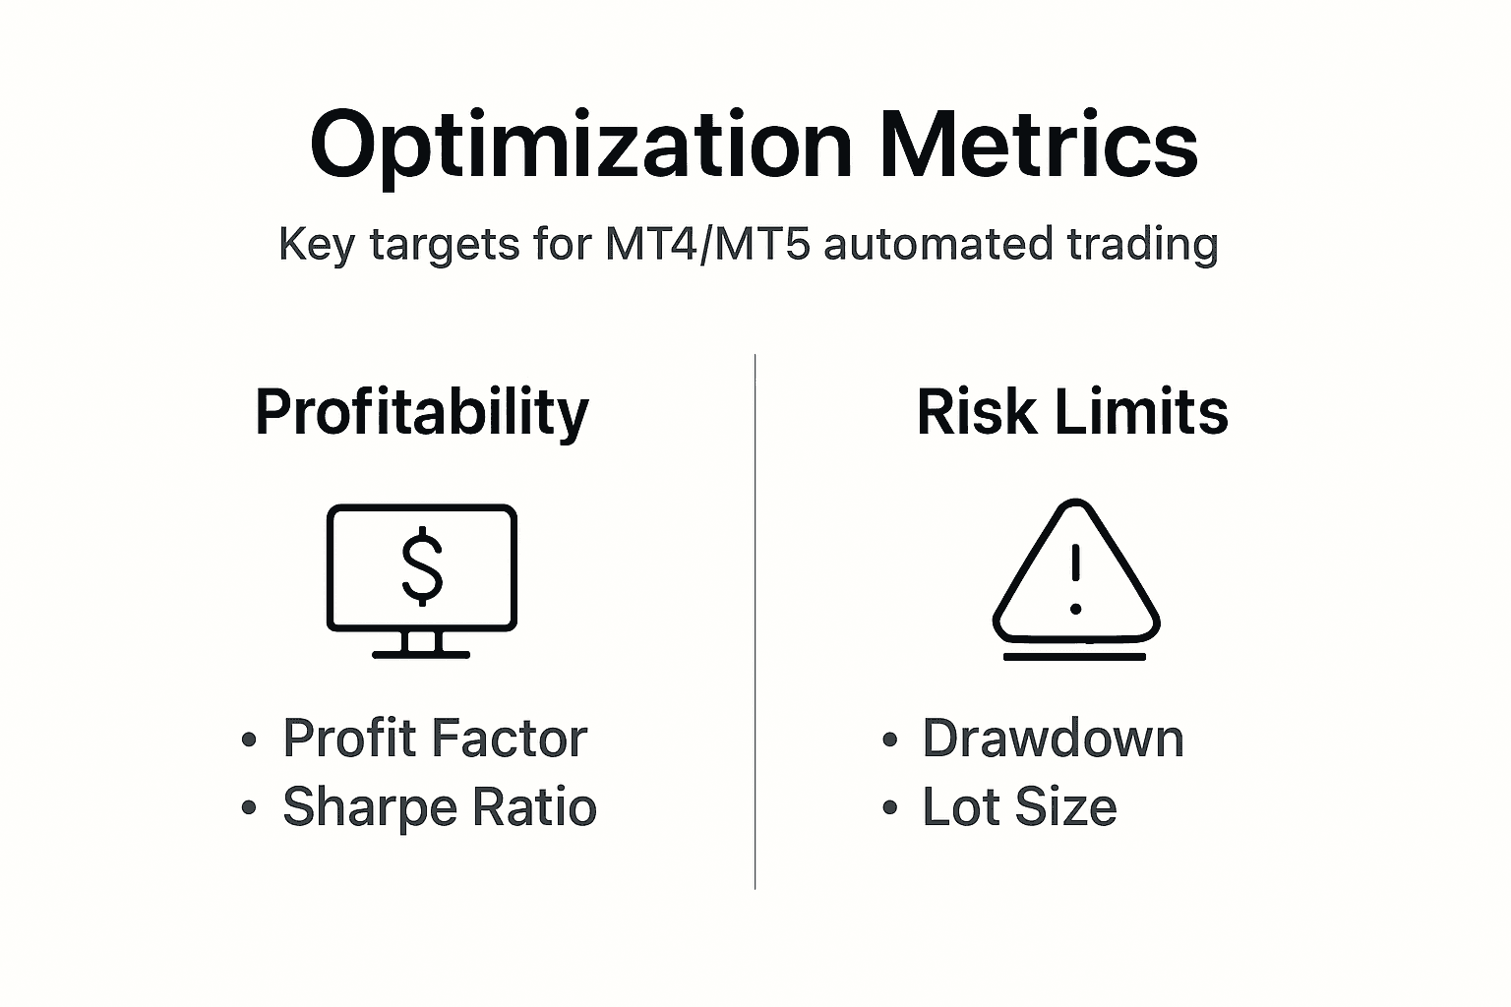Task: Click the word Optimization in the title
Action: click(x=579, y=146)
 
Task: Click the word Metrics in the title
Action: click(x=1039, y=146)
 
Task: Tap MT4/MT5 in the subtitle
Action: click(x=707, y=243)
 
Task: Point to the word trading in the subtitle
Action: click(x=1141, y=243)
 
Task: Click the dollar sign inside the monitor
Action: click(x=422, y=564)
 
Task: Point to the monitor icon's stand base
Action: click(x=421, y=653)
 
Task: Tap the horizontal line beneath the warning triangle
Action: click(x=1074, y=656)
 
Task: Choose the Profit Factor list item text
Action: click(x=434, y=739)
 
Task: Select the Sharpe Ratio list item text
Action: click(x=439, y=807)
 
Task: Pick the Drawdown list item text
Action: click(x=1053, y=739)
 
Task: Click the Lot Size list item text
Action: click(x=1019, y=807)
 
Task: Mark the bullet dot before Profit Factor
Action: click(x=250, y=740)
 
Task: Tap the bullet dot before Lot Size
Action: click(x=890, y=808)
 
